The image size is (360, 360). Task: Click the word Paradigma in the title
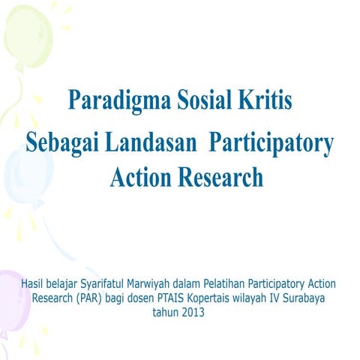pyautogui.click(x=109, y=100)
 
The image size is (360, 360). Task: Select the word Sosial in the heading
pyautogui.click(x=195, y=100)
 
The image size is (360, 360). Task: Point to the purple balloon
pyautogui.click(x=11, y=300)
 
